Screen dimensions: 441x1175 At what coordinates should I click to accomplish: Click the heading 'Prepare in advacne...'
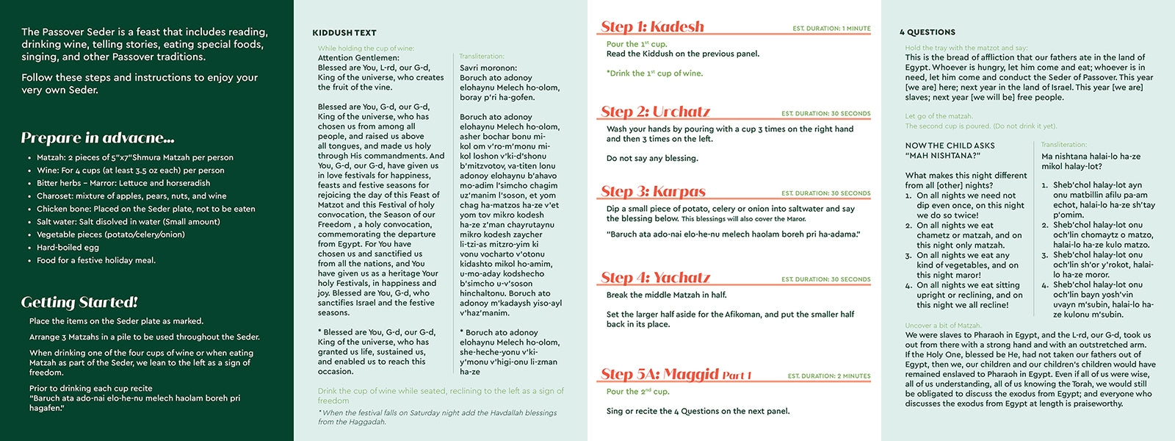point(98,138)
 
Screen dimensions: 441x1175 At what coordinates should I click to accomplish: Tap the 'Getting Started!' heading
point(79,302)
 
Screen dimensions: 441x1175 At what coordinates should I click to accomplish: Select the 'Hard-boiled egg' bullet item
point(68,248)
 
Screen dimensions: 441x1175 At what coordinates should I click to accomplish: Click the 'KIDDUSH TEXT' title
point(344,33)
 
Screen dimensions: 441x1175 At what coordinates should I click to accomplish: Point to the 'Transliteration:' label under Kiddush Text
point(482,57)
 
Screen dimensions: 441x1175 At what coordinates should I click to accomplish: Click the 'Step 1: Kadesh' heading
point(652,27)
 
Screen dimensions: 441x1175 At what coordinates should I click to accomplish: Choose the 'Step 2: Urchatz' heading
point(655,112)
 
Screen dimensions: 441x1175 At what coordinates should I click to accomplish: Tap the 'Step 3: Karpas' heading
point(653,192)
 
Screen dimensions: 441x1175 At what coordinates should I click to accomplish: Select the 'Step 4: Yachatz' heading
point(655,278)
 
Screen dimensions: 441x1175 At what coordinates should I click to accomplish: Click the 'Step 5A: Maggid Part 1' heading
point(676,375)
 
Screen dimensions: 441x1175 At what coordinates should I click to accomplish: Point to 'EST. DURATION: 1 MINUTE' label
point(831,29)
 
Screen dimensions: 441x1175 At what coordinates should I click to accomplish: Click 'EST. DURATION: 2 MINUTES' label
point(829,376)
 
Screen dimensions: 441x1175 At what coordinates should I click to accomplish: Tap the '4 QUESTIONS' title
point(928,32)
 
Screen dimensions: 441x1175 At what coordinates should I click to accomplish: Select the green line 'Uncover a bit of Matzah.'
point(943,326)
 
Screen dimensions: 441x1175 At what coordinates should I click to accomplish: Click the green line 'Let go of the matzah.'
point(939,116)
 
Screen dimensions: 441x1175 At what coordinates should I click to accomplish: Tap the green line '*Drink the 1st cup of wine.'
point(654,73)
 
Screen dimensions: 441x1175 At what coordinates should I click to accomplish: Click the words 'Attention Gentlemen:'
point(358,57)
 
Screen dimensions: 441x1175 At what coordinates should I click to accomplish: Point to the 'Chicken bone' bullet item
point(146,209)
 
